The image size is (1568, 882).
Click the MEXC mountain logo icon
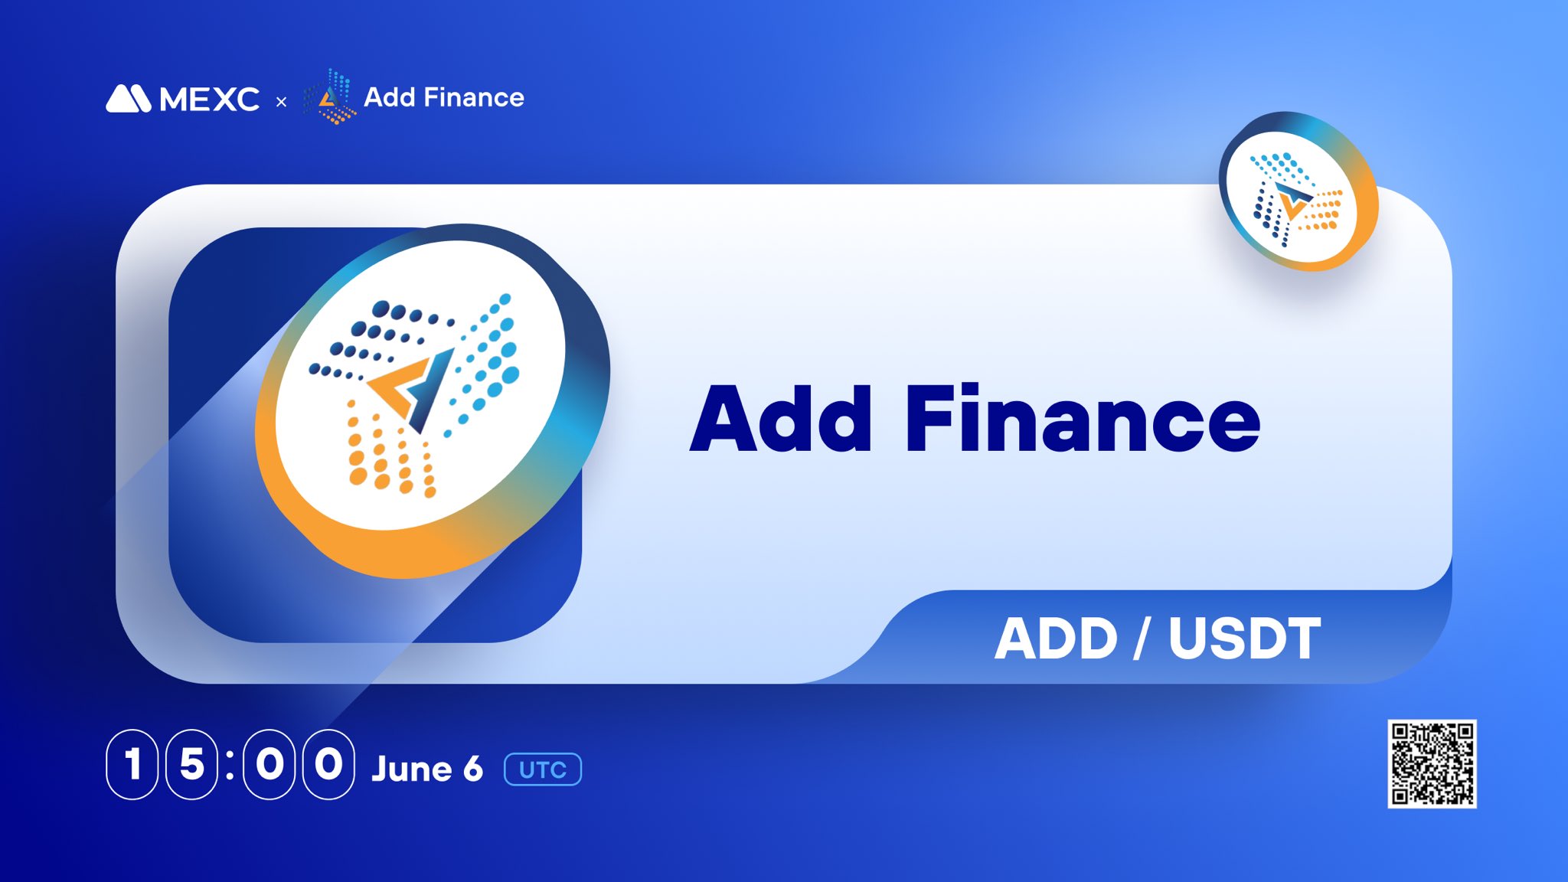pos(129,98)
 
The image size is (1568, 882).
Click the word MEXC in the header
pos(210,99)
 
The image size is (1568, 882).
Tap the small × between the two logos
pos(281,101)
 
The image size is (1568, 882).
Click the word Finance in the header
pos(474,97)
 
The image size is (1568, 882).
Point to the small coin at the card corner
pos(1298,191)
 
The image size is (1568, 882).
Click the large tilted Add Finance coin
pos(433,400)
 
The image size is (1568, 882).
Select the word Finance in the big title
pos(1083,418)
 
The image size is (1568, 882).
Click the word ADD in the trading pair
pos(1057,638)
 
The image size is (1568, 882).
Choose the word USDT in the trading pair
pos(1245,638)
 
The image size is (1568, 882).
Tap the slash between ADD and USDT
pos(1141,638)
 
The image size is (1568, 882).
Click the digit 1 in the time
pos(132,764)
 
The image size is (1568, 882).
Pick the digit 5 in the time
pos(191,764)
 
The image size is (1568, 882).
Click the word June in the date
pos(412,769)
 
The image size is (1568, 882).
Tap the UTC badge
pos(543,769)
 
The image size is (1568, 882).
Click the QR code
pos(1432,763)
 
